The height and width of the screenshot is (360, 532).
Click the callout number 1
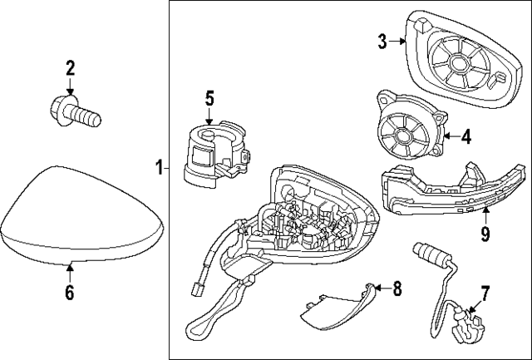click(x=158, y=169)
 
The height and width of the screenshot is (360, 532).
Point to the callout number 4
click(x=466, y=136)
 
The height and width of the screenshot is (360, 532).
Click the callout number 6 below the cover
click(x=70, y=292)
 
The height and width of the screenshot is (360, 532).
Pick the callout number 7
click(x=485, y=292)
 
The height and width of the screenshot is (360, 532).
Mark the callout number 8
click(x=397, y=288)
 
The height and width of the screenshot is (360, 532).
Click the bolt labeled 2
click(x=77, y=111)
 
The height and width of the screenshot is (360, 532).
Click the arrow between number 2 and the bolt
click(x=70, y=86)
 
